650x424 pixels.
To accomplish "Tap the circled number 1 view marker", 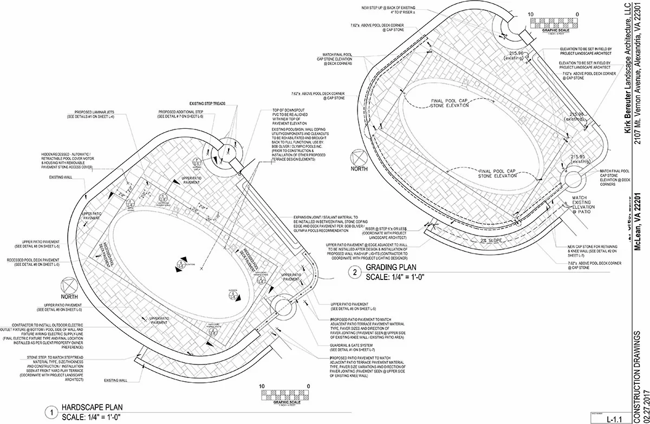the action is [52, 412].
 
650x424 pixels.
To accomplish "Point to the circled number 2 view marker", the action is [355, 273].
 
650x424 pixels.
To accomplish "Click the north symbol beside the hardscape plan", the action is [69, 286].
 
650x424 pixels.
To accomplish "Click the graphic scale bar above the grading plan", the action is [554, 23].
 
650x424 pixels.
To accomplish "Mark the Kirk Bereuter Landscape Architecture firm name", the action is [627, 70].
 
